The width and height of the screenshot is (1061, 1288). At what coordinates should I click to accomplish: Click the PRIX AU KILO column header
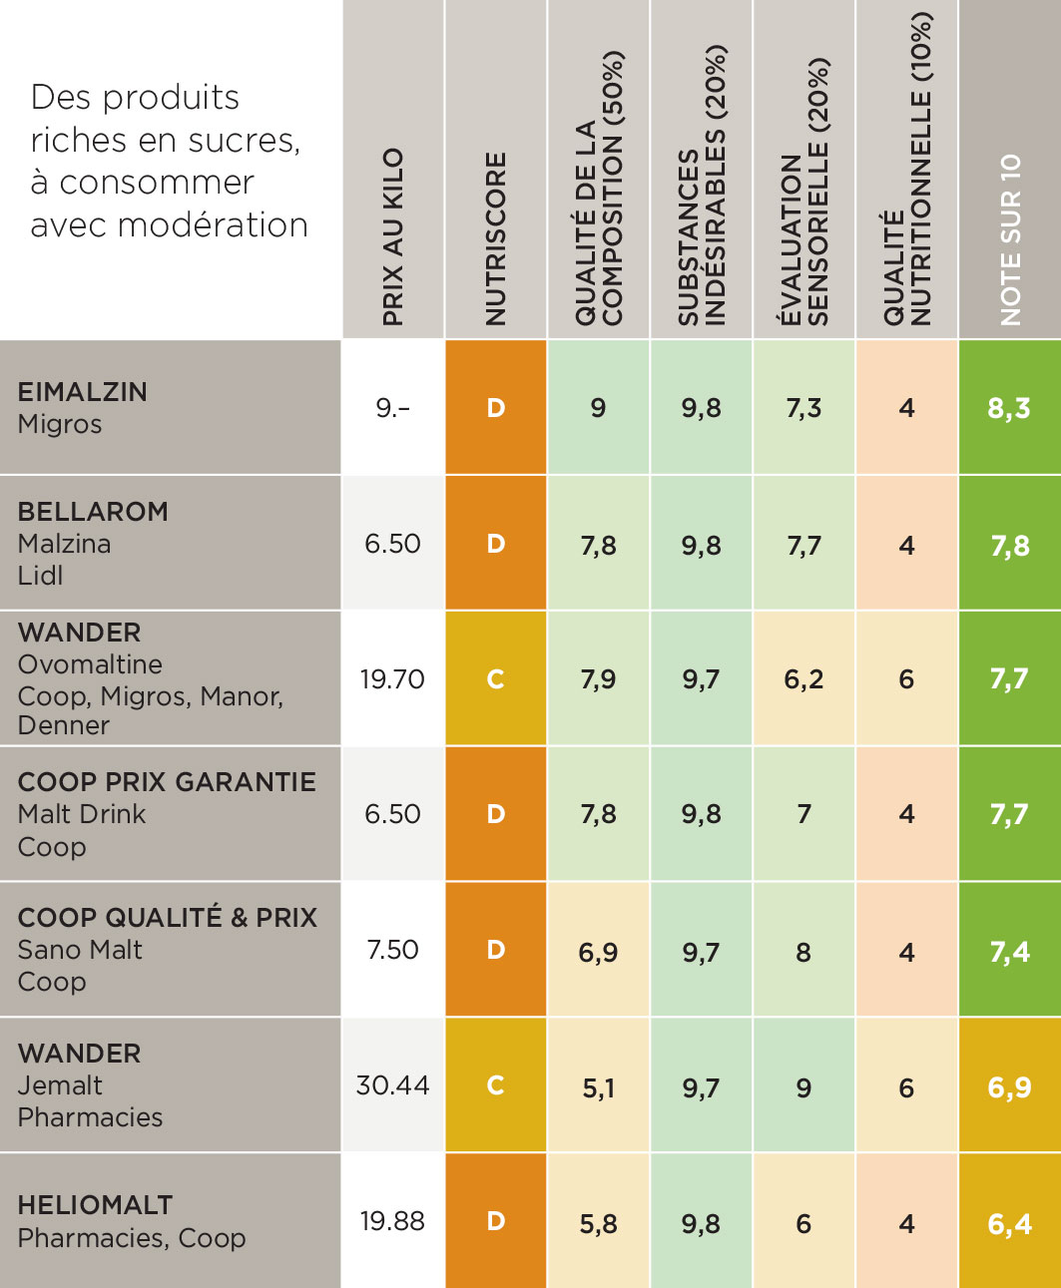(393, 237)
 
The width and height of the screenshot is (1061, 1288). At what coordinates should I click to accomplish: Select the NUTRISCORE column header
(496, 239)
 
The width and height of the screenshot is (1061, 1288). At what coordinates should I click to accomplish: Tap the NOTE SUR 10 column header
(1010, 239)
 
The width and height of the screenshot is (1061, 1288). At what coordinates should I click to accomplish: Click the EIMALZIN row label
(83, 392)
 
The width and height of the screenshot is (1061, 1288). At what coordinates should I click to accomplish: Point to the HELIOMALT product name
(95, 1205)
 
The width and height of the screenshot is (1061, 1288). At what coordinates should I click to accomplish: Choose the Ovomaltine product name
(90, 664)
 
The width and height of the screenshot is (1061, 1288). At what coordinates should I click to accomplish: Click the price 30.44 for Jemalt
(392, 1085)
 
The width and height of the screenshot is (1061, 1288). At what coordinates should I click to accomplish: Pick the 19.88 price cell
(392, 1221)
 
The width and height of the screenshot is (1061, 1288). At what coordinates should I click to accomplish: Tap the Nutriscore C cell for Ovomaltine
(496, 679)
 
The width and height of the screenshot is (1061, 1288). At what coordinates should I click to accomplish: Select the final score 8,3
(1009, 408)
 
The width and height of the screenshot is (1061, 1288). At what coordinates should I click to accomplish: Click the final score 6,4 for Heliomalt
(1009, 1223)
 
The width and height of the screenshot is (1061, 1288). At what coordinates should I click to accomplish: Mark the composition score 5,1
(598, 1088)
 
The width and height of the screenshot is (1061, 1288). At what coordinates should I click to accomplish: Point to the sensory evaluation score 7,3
(803, 408)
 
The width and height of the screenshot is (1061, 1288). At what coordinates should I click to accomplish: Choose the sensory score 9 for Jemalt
(803, 1088)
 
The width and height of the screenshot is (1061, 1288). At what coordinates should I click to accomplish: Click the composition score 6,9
(598, 953)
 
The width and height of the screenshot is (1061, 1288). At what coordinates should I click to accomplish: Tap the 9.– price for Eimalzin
(392, 408)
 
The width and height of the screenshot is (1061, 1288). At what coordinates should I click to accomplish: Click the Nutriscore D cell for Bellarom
(496, 544)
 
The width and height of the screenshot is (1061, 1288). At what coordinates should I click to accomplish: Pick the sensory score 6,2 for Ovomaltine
(803, 679)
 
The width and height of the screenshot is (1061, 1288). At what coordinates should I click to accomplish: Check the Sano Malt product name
(80, 950)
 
